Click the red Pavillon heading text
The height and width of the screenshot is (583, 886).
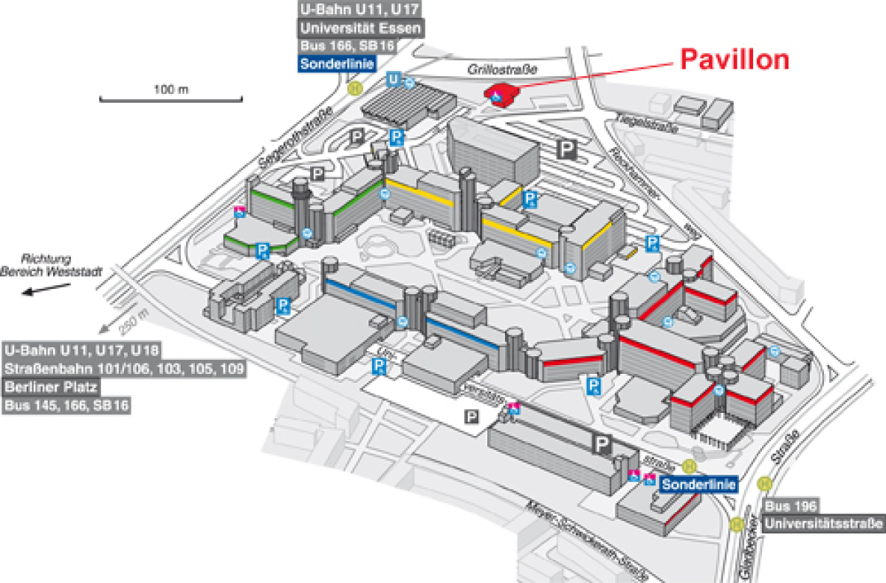735,60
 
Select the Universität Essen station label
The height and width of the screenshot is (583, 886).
360,29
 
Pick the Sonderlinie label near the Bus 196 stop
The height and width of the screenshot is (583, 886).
698,485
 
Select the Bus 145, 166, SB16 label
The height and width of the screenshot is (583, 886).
67,405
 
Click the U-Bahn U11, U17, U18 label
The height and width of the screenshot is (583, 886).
82,349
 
